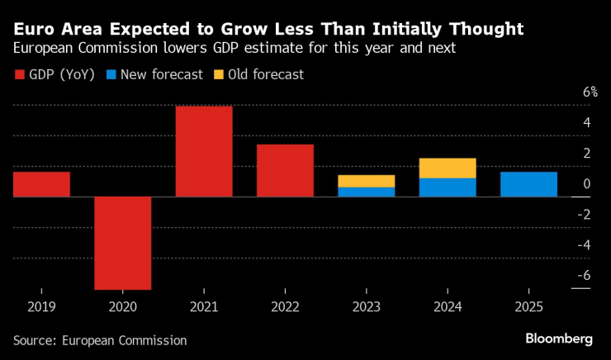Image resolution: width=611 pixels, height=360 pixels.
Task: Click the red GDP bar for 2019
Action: point(41,184)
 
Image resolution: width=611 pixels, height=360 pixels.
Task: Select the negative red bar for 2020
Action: point(122,243)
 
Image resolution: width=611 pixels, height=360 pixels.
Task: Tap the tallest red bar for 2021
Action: point(204,151)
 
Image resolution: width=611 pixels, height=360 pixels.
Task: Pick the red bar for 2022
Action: point(285,171)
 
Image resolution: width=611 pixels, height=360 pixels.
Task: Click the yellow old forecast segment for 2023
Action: point(367,181)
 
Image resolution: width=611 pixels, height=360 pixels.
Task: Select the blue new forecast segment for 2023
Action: point(367,192)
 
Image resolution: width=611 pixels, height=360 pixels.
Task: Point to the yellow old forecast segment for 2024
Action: point(448,168)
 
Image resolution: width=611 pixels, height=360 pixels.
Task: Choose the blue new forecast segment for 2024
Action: point(448,187)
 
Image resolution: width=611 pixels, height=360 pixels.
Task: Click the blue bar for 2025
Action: point(528,184)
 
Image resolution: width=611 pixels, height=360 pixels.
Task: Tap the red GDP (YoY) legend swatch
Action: point(20,75)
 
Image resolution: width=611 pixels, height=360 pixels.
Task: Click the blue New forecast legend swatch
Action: point(111,75)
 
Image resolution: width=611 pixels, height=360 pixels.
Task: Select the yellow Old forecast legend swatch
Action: point(218,75)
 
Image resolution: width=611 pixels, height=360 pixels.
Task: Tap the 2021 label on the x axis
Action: point(204,306)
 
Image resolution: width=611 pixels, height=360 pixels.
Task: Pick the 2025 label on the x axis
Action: point(528,306)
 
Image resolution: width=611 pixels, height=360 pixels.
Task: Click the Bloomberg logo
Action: point(559,339)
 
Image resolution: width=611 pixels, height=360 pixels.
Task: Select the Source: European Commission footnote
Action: point(100,340)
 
